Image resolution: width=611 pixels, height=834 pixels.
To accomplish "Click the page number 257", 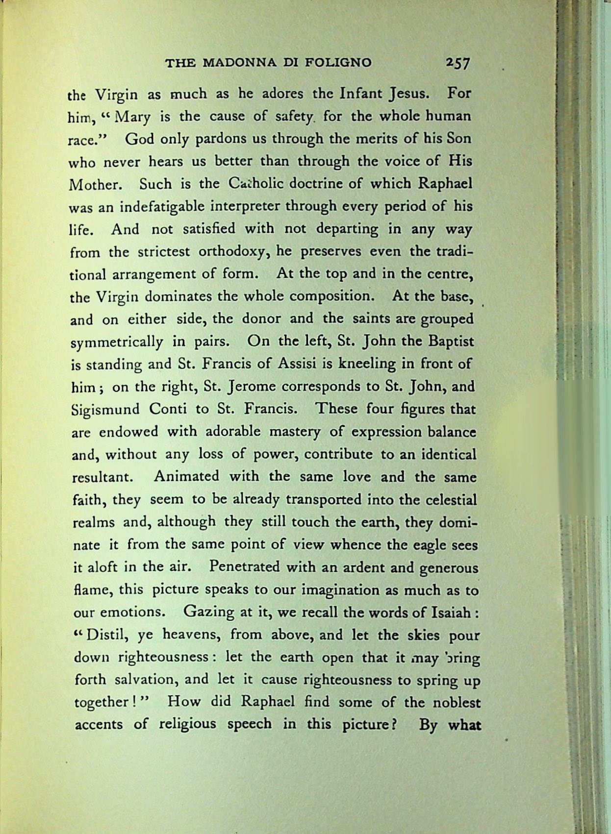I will [x=458, y=63].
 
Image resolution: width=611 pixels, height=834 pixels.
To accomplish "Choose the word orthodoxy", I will [x=232, y=252].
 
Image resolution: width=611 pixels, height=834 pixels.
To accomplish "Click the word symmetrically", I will [x=117, y=342].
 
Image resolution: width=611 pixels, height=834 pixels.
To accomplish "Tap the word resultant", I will [x=104, y=477].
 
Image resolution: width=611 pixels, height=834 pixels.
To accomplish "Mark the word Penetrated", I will [x=244, y=567].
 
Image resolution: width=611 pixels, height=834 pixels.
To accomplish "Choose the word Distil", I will [x=106, y=636].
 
